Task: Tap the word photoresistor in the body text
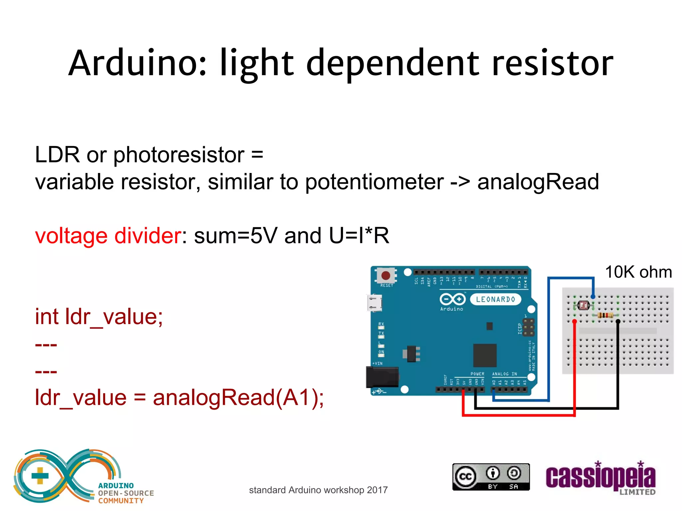tap(179, 155)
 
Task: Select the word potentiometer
tap(374, 182)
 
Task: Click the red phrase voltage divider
tap(108, 236)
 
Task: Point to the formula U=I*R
tap(359, 236)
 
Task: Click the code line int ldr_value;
tap(99, 316)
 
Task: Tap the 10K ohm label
tap(638, 272)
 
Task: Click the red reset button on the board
tap(386, 275)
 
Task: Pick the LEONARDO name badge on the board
tap(495, 299)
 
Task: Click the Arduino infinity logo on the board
tap(452, 299)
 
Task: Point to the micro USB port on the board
tap(374, 303)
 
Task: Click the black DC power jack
tap(382, 377)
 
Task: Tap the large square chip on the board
tap(485, 355)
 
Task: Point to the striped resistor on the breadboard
tap(605, 315)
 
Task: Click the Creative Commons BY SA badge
tap(491, 477)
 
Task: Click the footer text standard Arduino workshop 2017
tap(318, 490)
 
